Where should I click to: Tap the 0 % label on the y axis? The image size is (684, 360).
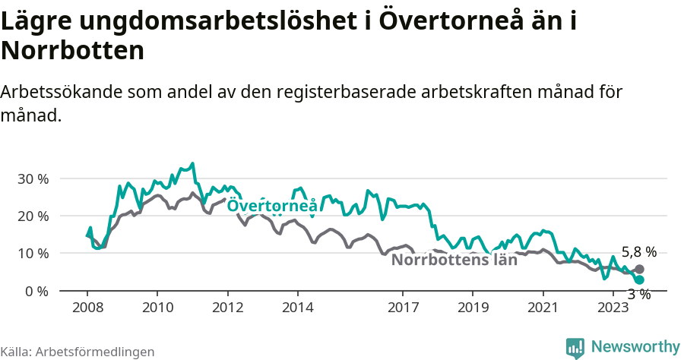coord(38,291)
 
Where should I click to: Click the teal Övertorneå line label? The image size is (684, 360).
coord(271,206)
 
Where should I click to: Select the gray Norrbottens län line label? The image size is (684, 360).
coord(454,260)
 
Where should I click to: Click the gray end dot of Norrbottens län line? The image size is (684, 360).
coord(639,270)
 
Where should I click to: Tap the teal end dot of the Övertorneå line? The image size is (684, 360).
coord(639,280)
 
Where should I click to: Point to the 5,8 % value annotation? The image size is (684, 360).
coord(638,252)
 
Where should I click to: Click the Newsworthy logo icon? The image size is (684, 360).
coord(575,347)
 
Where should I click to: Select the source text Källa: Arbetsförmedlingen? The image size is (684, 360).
coord(78,352)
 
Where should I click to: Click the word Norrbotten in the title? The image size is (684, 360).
coord(72,51)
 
